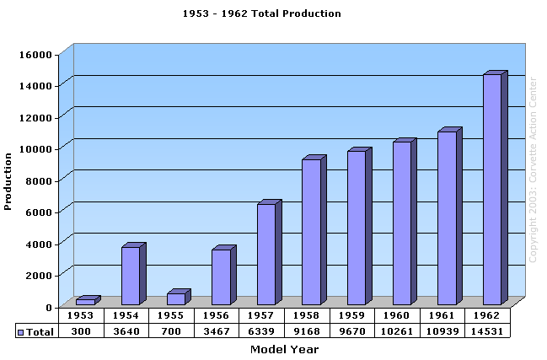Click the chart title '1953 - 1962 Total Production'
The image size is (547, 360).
(262, 13)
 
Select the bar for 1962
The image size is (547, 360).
(492, 190)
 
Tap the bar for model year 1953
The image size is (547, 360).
(85, 301)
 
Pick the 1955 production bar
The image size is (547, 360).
(175, 298)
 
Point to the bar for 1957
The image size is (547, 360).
(266, 254)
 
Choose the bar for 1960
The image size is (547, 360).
(402, 223)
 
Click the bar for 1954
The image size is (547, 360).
(131, 276)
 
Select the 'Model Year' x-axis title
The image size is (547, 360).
(284, 349)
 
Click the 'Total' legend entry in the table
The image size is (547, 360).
(35, 332)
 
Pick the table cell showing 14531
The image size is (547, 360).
(491, 331)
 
